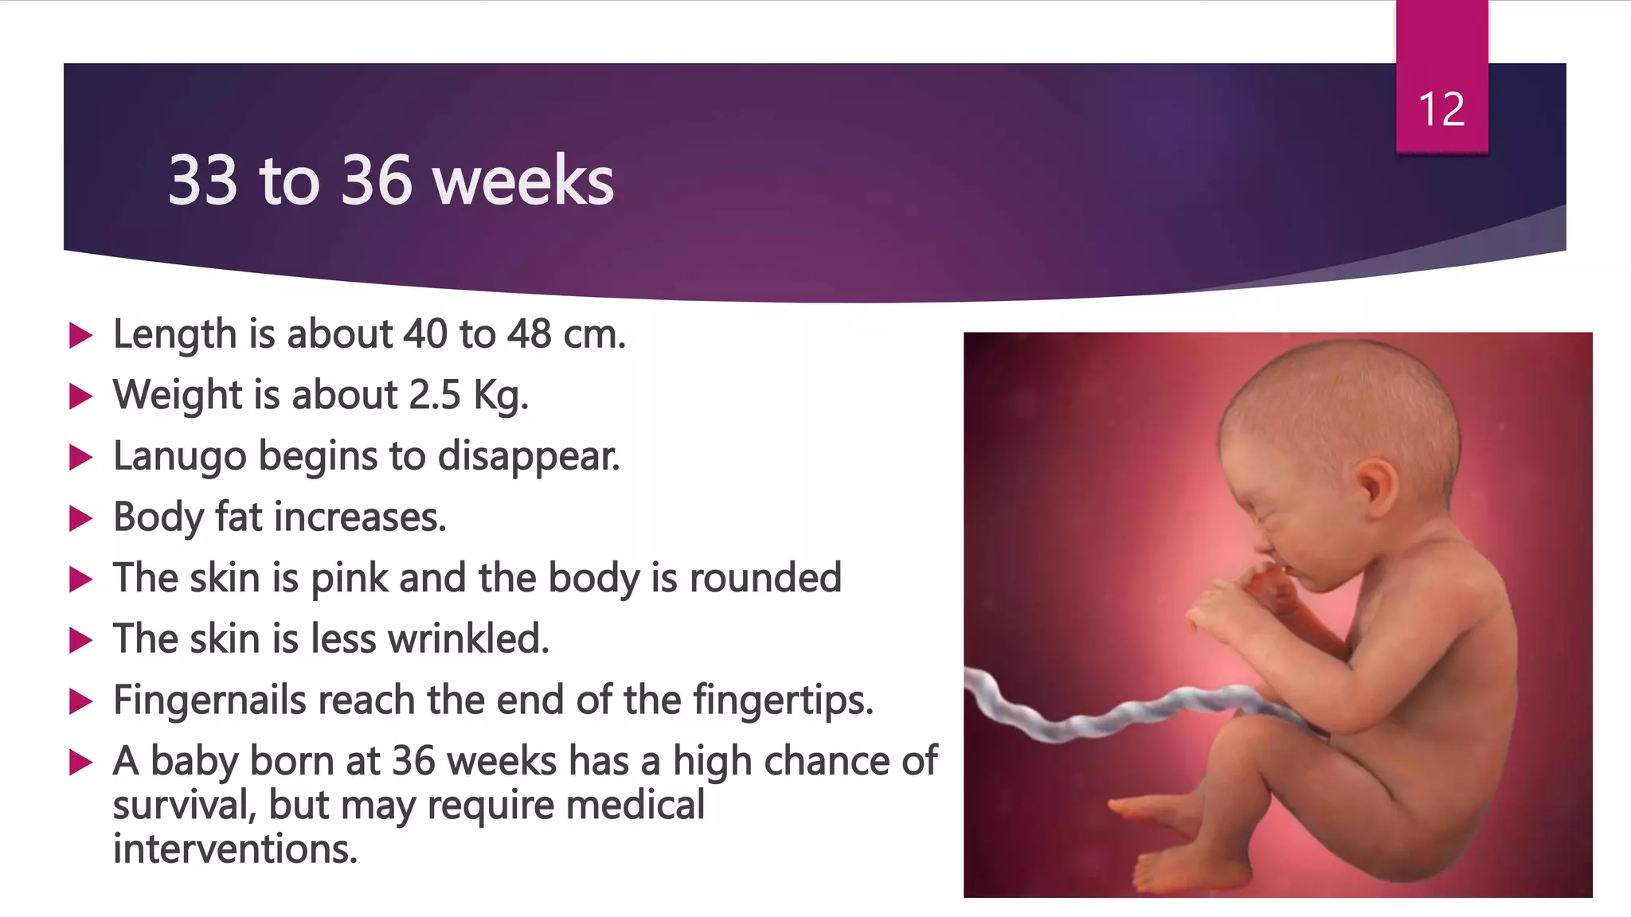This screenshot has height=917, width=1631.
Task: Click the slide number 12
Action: tap(1441, 109)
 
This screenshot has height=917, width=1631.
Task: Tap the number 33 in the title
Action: tap(203, 181)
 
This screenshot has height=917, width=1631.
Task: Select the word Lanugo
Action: tap(180, 457)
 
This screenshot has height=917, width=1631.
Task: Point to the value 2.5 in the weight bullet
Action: tap(435, 395)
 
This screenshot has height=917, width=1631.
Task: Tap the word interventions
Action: tap(235, 849)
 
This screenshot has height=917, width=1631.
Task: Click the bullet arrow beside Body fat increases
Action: tap(80, 519)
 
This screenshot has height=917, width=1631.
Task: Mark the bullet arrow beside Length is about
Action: tap(80, 335)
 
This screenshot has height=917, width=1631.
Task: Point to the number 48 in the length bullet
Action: tap(530, 334)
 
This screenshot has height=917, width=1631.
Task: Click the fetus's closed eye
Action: tap(1261, 510)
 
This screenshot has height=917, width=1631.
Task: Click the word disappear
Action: tap(528, 457)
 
